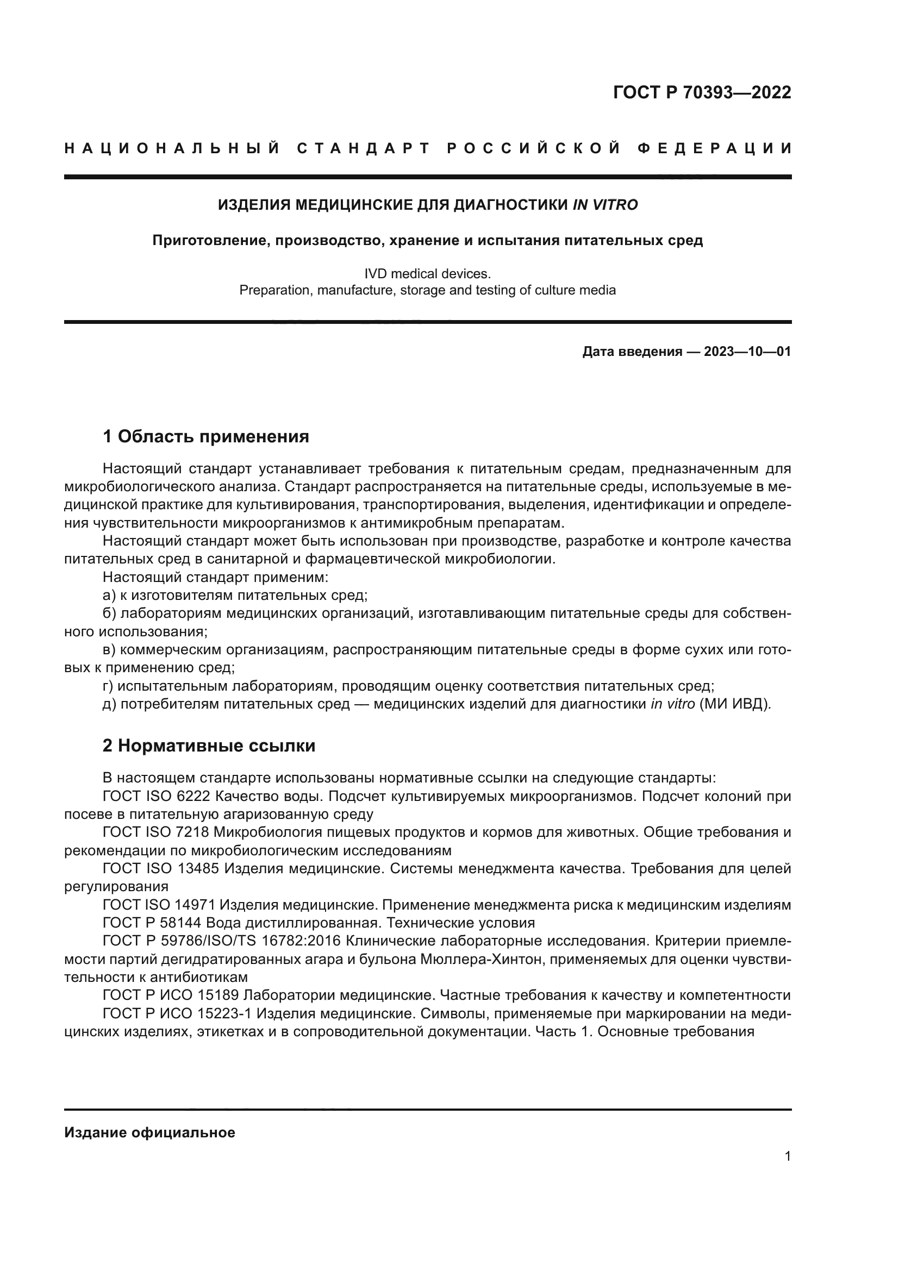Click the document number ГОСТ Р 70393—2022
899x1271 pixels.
(701, 92)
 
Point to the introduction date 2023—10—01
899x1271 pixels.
(747, 352)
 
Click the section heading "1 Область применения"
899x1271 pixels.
(206, 437)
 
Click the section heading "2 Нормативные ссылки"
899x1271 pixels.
(209, 746)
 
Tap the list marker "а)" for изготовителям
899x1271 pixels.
(109, 596)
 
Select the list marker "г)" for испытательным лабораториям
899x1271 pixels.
(108, 686)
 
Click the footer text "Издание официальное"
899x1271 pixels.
(149, 1132)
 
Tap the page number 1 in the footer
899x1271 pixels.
(787, 1156)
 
